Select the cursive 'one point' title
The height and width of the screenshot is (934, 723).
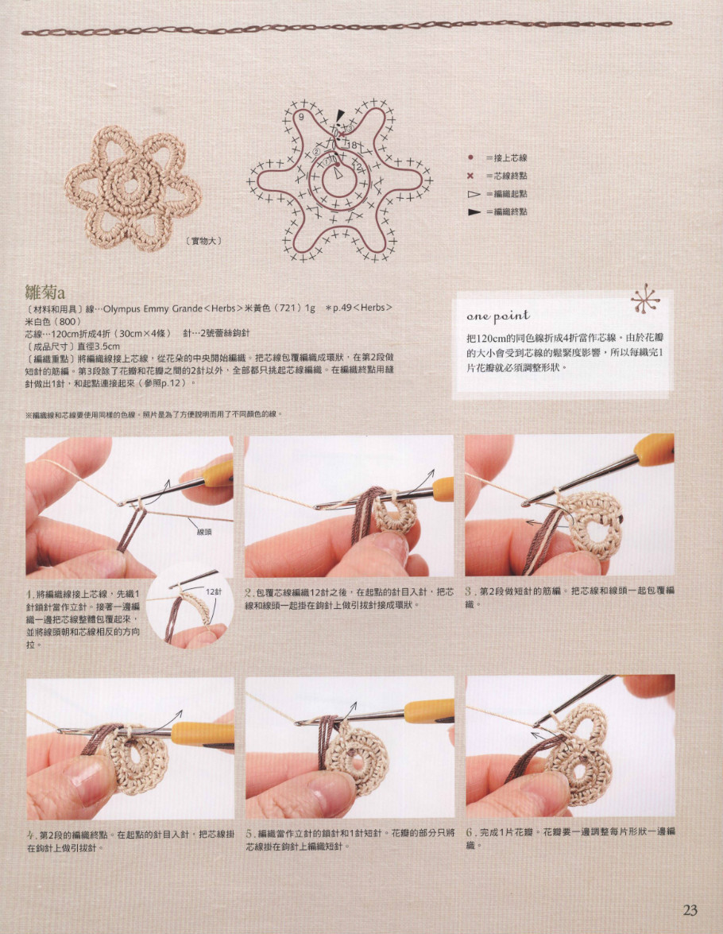498,316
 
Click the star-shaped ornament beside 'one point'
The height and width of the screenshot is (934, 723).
645,299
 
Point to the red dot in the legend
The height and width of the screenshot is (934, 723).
470,157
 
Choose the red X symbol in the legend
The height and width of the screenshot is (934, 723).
470,176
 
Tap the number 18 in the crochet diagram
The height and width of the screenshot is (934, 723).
352,145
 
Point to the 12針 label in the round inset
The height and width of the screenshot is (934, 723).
214,591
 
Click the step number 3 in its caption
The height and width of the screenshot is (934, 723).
470,592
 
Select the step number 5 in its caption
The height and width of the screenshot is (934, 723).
249,833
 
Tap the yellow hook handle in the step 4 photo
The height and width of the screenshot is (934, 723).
203,734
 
